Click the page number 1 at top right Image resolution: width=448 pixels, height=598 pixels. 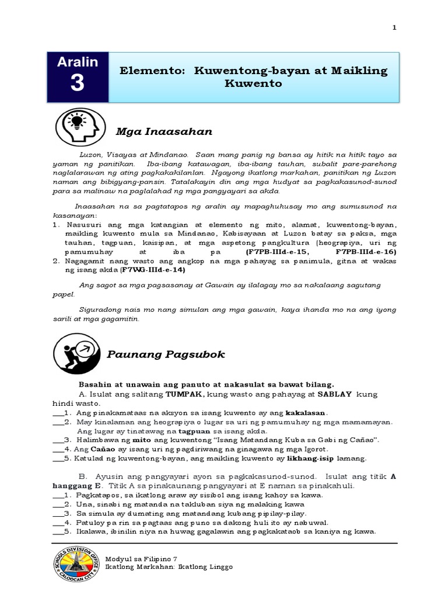394,28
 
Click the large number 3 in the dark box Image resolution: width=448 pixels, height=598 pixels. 77,84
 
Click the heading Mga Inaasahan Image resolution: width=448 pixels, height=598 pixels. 163,132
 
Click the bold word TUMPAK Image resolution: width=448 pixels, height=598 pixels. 185,394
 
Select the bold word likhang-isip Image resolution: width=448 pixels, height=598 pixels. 320,458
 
